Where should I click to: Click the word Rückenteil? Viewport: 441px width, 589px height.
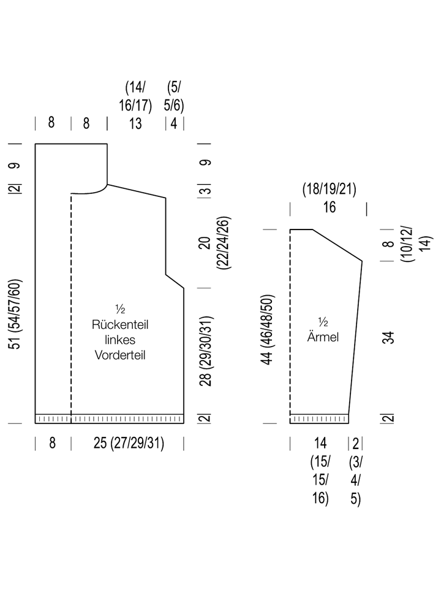click(120, 325)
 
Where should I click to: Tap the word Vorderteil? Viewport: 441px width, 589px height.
click(120, 355)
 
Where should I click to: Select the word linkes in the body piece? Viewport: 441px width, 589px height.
click(120, 340)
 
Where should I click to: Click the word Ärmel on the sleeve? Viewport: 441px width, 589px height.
click(323, 336)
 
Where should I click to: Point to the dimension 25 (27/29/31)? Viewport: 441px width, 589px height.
click(129, 443)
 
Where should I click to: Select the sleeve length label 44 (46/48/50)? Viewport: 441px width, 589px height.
click(268, 329)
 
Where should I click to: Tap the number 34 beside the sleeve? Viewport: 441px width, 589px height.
click(390, 337)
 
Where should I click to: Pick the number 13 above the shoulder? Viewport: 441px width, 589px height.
click(135, 123)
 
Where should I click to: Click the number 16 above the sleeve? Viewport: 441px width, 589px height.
click(330, 207)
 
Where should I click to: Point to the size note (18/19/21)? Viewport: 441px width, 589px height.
click(330, 189)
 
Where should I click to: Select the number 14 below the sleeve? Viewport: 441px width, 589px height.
click(320, 443)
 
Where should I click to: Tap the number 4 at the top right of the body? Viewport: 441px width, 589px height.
click(174, 123)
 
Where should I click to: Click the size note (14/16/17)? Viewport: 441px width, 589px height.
click(135, 96)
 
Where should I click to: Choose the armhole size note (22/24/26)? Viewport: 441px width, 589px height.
click(224, 243)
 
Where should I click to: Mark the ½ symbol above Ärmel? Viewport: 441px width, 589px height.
click(323, 322)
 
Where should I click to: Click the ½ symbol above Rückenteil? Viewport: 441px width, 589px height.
click(120, 309)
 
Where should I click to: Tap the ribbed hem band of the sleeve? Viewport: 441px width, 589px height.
click(319, 419)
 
